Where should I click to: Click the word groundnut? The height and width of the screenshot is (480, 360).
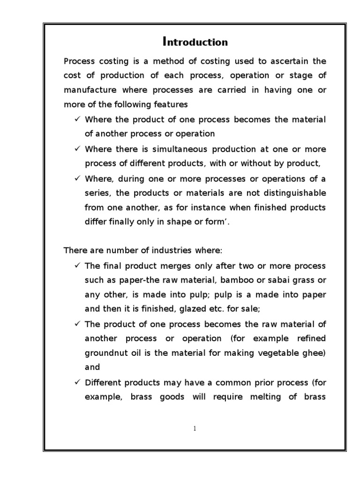[107, 353]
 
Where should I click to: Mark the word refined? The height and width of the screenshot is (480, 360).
[308, 338]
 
